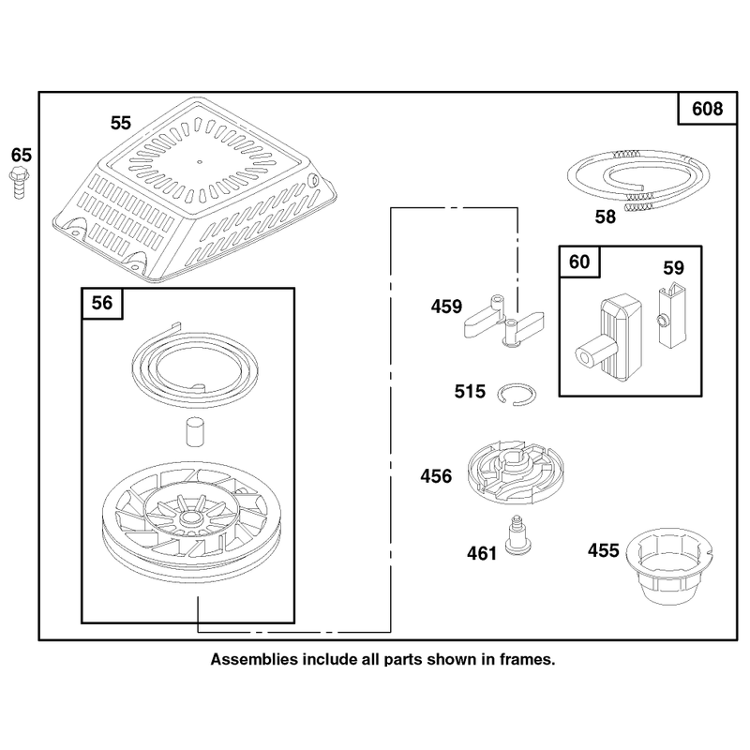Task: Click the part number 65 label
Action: pos(22,155)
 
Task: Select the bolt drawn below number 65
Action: pos(19,183)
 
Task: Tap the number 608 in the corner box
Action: pos(708,109)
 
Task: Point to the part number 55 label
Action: pos(121,123)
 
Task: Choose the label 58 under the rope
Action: pos(605,217)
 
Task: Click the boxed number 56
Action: pos(102,303)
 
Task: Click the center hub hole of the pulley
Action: pos(190,518)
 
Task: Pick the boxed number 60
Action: pos(579,262)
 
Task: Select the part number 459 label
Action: pos(446,307)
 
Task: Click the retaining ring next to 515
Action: pos(517,395)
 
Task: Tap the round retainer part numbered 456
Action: pos(516,474)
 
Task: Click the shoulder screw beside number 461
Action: pos(517,535)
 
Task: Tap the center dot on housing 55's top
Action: pos(200,161)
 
